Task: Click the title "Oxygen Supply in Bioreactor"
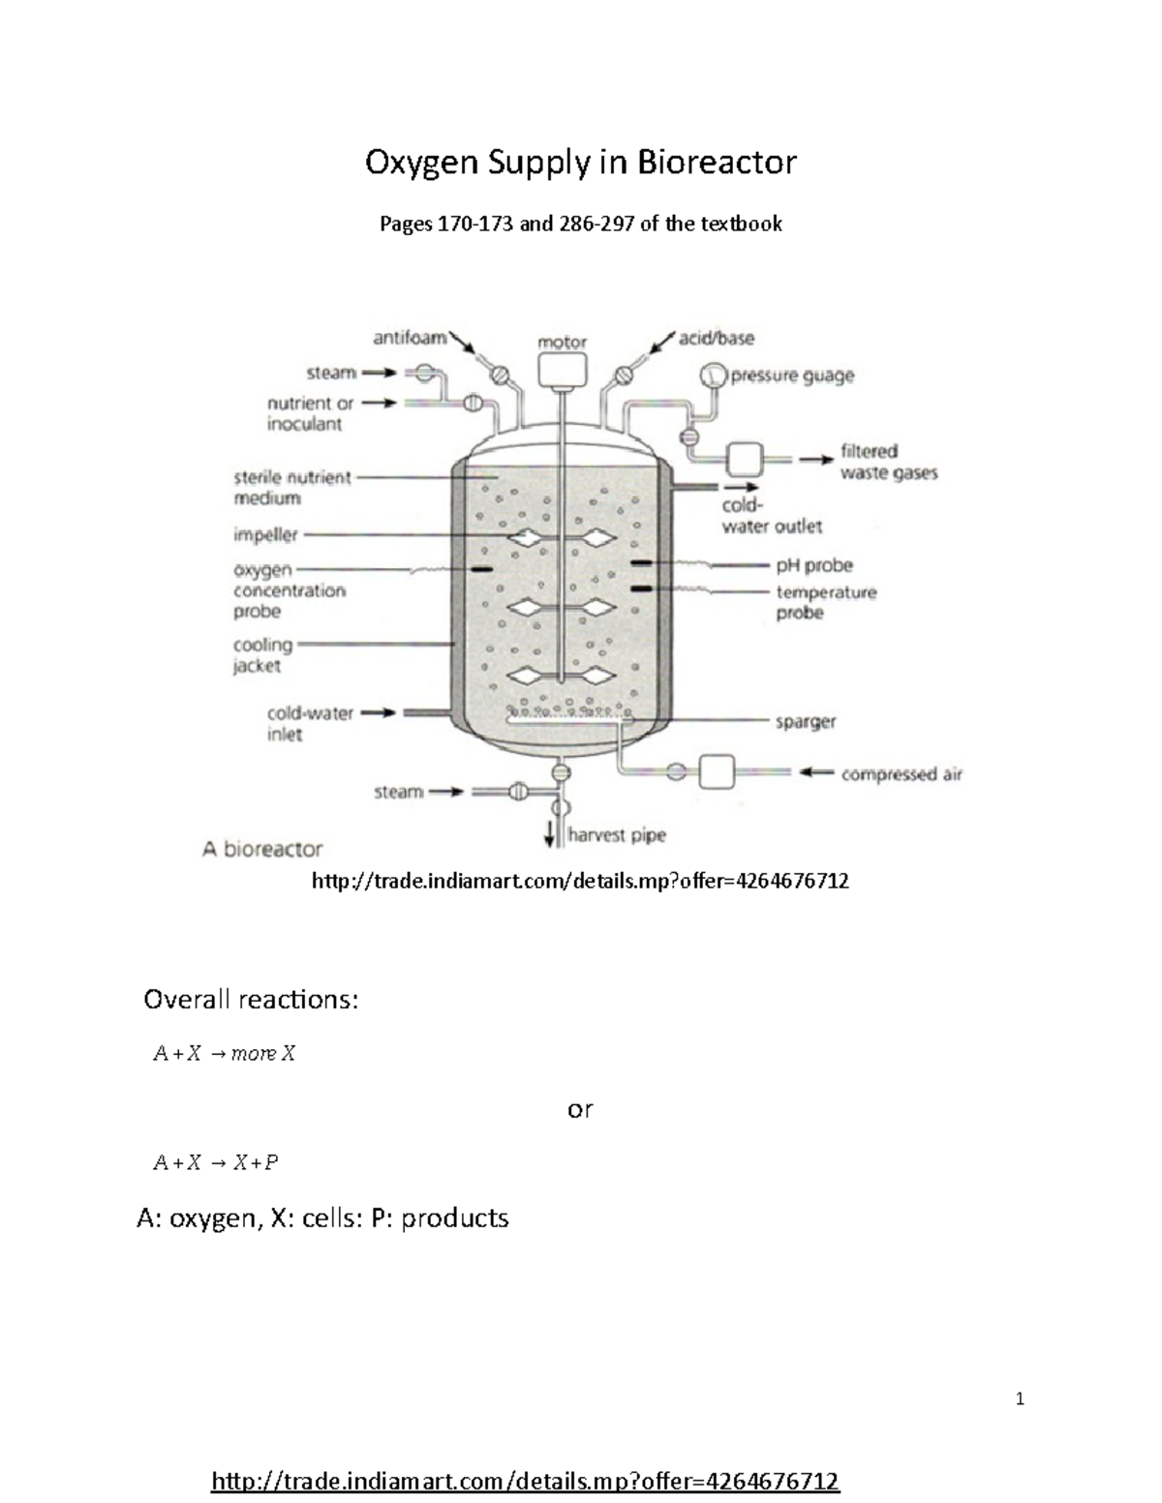click(x=580, y=162)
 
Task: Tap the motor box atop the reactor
click(x=562, y=369)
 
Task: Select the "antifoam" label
click(x=410, y=338)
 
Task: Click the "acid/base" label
click(x=716, y=338)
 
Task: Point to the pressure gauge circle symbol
click(x=714, y=376)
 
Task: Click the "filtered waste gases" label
click(x=888, y=462)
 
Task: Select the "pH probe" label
click(x=813, y=564)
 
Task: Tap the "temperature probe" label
click(x=825, y=602)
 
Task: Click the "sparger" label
click(x=805, y=721)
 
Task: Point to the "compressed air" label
click(x=901, y=773)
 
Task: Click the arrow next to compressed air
click(x=815, y=772)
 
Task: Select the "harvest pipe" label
click(x=617, y=834)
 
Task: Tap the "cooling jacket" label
click(x=262, y=655)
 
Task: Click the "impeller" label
click(x=265, y=534)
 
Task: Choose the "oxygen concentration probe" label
click(x=289, y=590)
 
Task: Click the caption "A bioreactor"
click(x=261, y=849)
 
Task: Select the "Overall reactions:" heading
click(x=251, y=999)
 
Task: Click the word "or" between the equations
click(x=580, y=1109)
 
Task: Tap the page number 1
click(x=1020, y=1398)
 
